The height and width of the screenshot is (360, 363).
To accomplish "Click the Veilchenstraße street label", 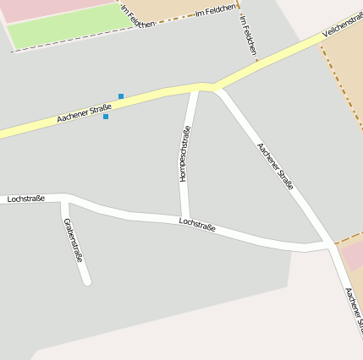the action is pos(343,26).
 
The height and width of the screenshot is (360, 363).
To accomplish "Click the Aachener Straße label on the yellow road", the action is pos(85,113).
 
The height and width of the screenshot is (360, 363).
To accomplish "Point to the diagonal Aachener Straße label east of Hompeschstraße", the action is pos(275,166).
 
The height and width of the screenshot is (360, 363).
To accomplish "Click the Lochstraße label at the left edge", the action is pos(25,199).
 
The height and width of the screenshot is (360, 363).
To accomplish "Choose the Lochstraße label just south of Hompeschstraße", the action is pos(197,224).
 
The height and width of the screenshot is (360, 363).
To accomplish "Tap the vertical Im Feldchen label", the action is pos(247,35).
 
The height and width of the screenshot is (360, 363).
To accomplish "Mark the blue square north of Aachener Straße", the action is pos(121,96).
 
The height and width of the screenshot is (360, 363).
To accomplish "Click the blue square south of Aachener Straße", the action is pos(106,117).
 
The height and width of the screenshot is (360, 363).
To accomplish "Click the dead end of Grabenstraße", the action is pos(87,281).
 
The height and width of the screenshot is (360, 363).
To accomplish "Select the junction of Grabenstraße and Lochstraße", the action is pos(65,200).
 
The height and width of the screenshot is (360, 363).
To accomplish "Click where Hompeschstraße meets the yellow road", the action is pos(195,87).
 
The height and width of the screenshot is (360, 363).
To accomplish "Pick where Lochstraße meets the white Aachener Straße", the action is pos(328,244).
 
